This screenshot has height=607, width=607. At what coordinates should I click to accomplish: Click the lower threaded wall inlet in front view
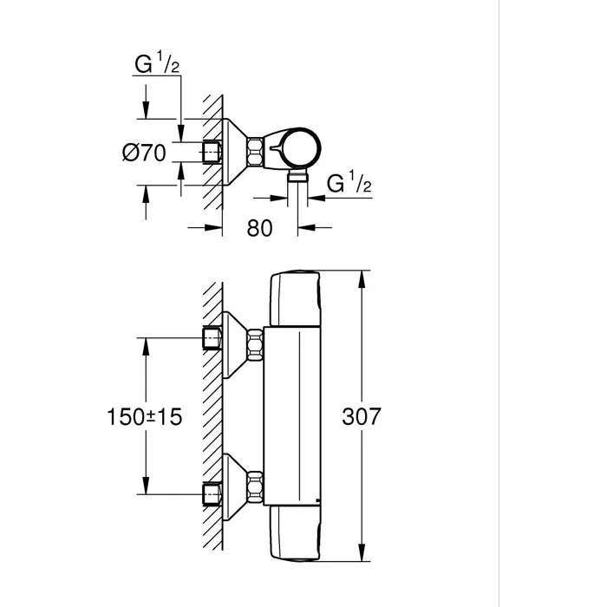[x=211, y=493]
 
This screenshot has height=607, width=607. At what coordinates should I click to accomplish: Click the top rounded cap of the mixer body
[x=296, y=299]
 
